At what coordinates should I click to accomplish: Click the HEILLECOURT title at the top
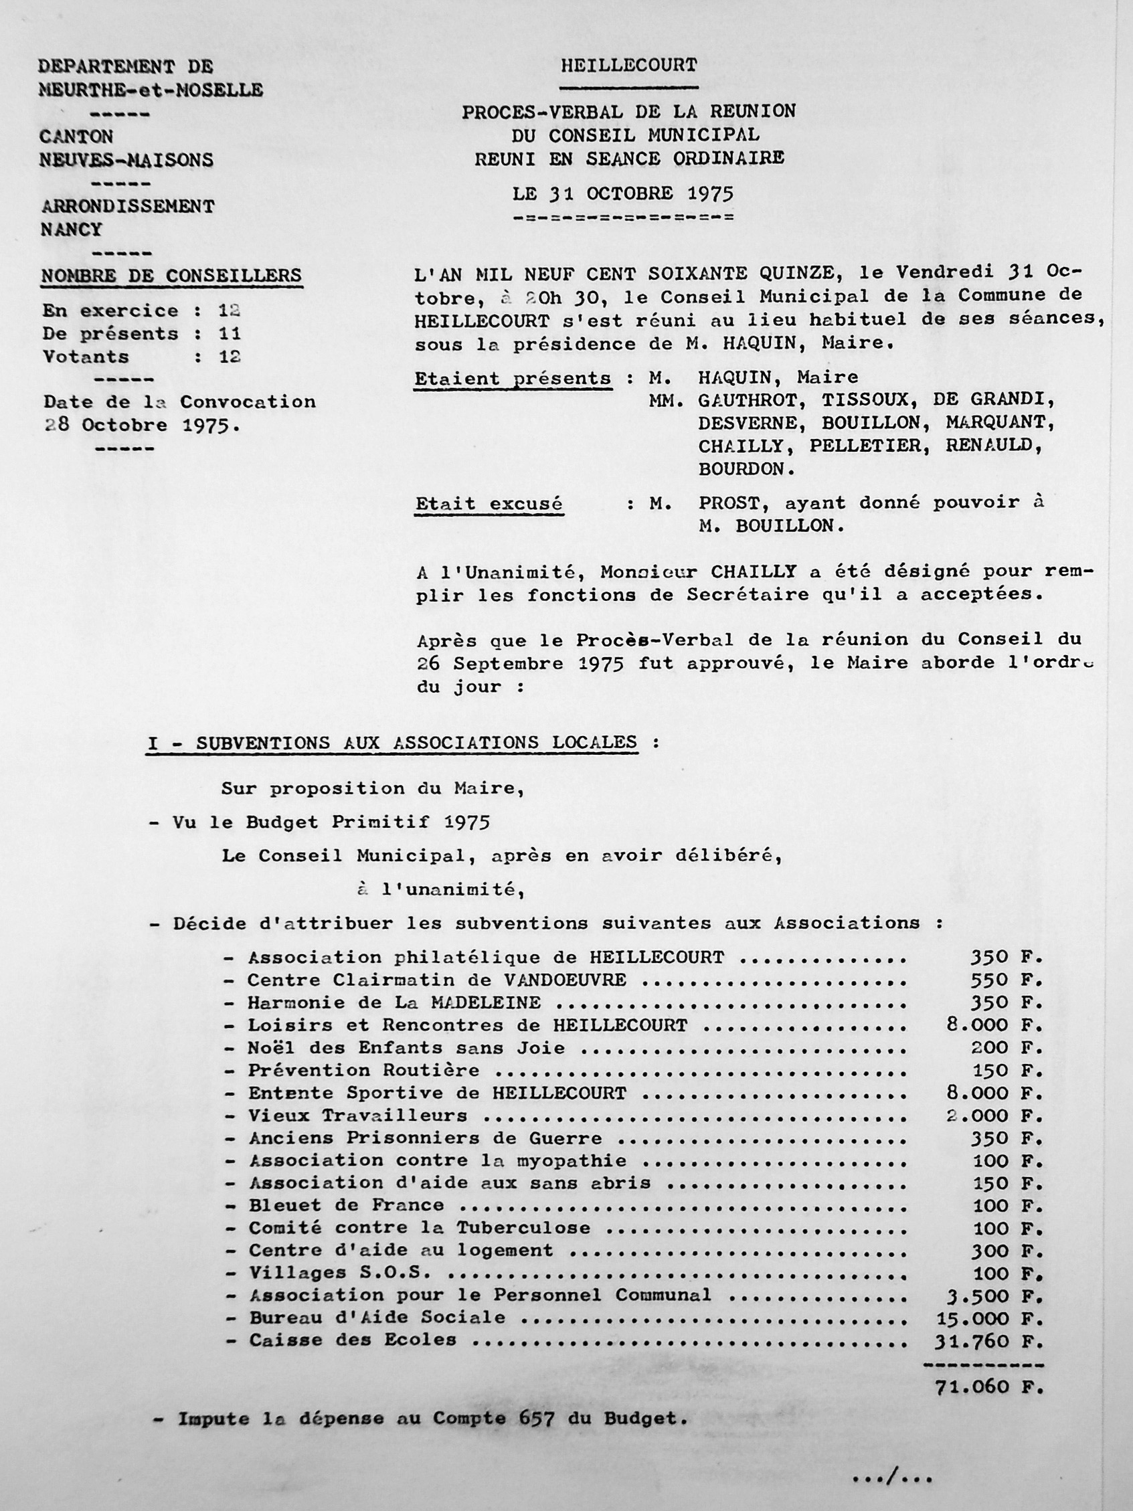click(628, 66)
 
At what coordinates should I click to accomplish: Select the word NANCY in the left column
click(71, 230)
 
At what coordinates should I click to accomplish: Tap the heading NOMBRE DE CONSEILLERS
click(171, 275)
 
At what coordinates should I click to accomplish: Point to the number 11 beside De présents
click(230, 333)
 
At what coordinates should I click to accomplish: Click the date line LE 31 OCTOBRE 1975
click(623, 193)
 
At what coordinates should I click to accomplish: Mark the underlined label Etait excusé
click(489, 504)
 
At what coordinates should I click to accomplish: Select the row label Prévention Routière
click(363, 1071)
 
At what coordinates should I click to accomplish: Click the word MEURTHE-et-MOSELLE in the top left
click(151, 90)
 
